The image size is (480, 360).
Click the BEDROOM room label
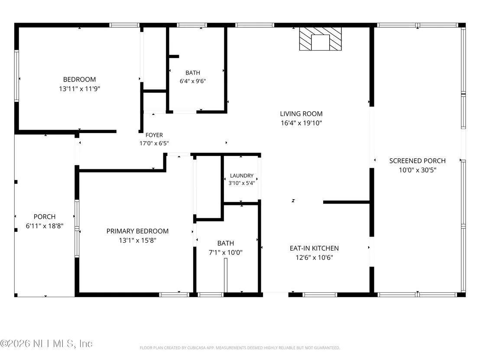tap(79, 80)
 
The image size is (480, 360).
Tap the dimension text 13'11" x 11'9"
tap(80, 89)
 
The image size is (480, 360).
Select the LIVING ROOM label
tap(301, 114)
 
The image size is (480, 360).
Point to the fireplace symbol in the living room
tap(320, 39)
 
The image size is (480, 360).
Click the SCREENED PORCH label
tap(417, 161)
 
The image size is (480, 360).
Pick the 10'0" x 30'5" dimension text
tap(417, 170)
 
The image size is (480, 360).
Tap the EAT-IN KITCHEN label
tap(315, 248)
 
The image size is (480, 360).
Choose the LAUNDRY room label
tap(242, 176)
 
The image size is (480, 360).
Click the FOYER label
tap(154, 135)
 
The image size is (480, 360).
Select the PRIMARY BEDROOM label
tap(137, 231)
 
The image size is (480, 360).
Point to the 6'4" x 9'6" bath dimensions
tap(193, 81)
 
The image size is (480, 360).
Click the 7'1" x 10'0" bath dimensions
tap(226, 253)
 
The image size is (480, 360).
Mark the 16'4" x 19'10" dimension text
tap(301, 123)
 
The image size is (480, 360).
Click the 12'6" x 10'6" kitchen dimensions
tap(315, 257)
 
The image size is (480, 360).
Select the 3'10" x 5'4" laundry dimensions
tap(242, 183)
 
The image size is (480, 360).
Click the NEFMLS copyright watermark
tap(46, 344)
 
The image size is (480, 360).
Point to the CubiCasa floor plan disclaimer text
tap(240, 348)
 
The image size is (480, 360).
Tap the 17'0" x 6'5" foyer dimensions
tap(154, 143)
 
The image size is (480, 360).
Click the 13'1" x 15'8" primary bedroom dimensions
tap(137, 240)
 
